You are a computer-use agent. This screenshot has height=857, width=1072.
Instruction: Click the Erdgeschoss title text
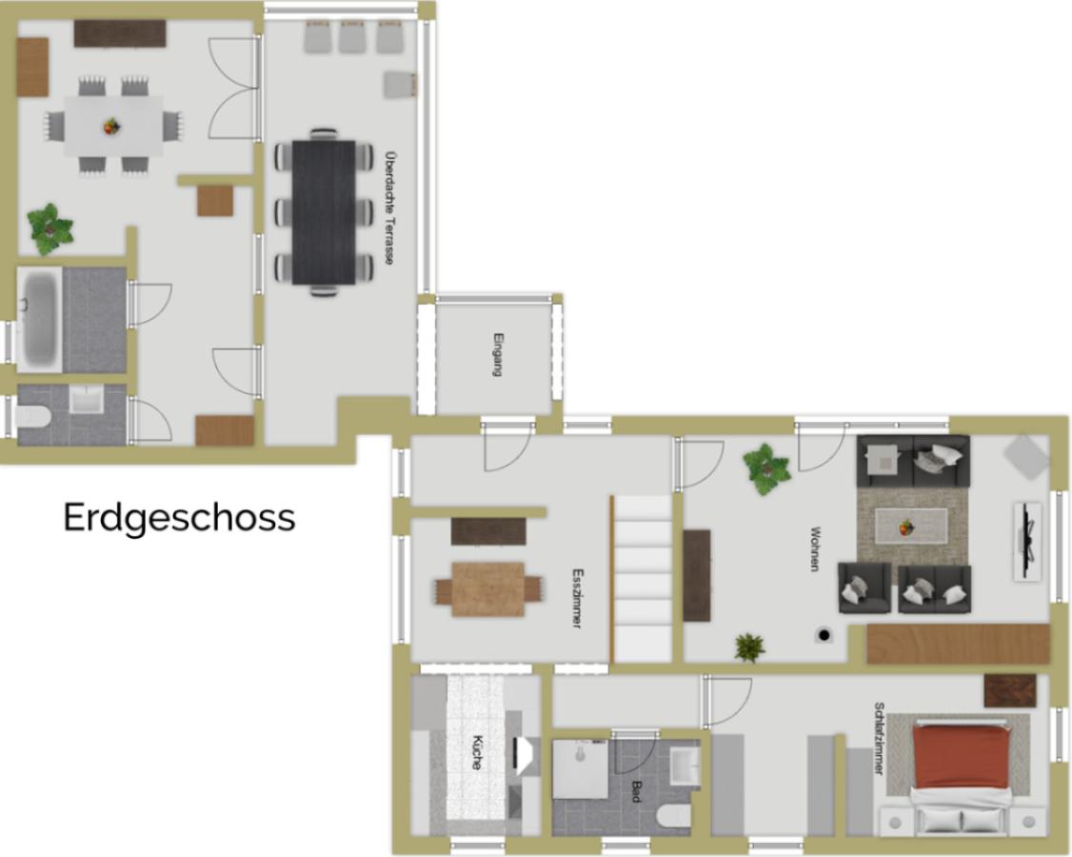[179, 518]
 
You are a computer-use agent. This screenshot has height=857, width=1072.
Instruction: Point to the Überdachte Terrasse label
[389, 208]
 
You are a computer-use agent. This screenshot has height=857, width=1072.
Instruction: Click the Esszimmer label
[577, 598]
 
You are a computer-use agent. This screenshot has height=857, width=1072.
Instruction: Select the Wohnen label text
[814, 548]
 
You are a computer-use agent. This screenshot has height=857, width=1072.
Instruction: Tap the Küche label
[477, 752]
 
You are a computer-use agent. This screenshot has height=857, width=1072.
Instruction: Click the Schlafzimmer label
[879, 739]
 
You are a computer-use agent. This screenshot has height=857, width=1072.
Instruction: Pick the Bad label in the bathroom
[636, 791]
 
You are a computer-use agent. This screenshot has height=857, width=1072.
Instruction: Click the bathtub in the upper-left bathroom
[40, 319]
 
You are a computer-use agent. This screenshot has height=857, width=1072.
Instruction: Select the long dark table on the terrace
[324, 212]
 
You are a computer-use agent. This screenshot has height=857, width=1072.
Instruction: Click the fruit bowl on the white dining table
[110, 127]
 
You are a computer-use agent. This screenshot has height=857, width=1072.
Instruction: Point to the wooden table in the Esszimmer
[488, 588]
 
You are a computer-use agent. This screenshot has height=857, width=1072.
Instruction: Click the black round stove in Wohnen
[824, 635]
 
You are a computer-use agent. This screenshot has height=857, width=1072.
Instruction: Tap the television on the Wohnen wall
[1027, 540]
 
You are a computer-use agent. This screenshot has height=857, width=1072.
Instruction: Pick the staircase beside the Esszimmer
[642, 579]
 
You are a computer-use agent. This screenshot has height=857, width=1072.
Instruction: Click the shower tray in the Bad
[581, 768]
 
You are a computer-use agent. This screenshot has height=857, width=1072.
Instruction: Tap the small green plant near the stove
[749, 647]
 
